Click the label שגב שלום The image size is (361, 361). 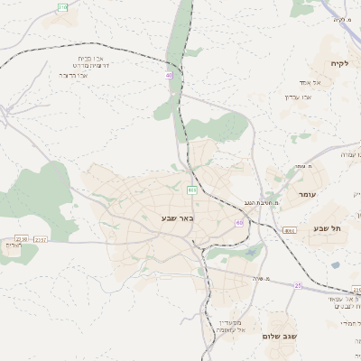tap(279, 336)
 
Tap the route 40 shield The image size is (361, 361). tap(169, 75)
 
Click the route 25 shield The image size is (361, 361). tap(298, 285)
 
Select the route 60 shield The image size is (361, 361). tap(239, 222)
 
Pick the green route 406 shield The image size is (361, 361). tap(192, 190)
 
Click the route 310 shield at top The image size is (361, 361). tap(62, 7)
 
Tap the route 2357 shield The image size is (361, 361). tap(41, 239)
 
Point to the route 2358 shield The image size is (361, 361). tap(289, 231)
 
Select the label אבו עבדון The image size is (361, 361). tap(298, 97)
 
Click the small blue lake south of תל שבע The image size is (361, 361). tap(336, 265)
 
